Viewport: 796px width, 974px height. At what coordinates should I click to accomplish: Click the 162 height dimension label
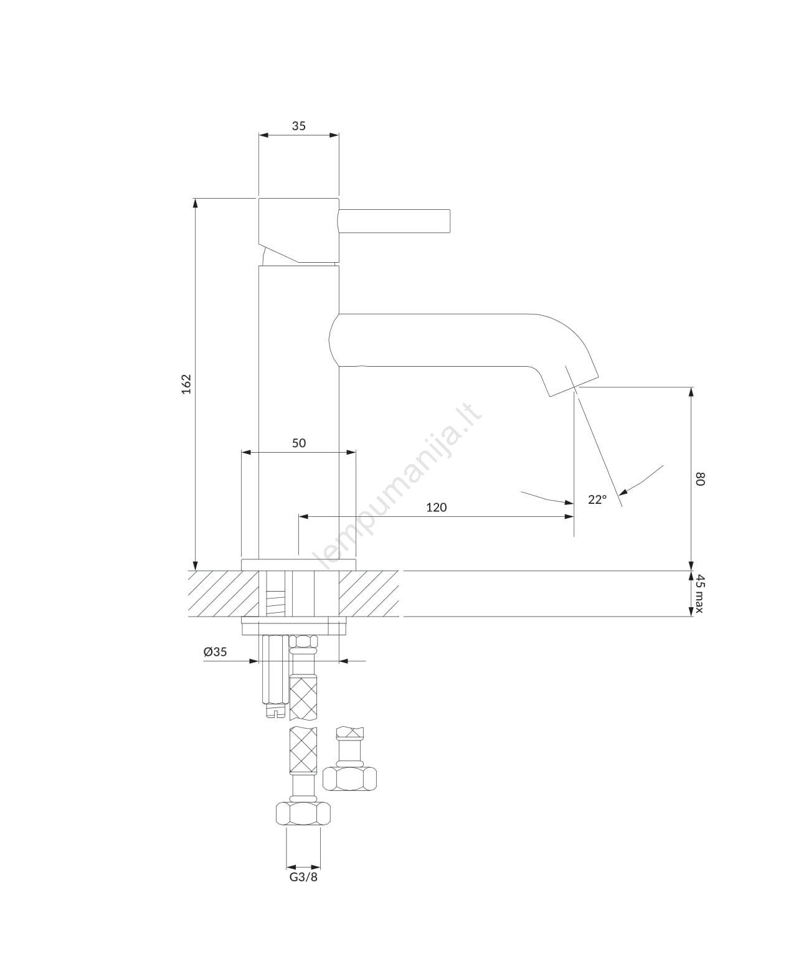(186, 384)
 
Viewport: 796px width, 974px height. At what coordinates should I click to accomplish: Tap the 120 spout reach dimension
(436, 508)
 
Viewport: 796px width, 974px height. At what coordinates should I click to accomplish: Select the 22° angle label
(597, 499)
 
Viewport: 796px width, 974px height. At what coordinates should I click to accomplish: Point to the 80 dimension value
(699, 479)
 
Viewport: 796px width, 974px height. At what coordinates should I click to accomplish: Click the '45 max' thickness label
(699, 593)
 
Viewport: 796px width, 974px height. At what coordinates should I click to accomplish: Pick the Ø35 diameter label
(216, 651)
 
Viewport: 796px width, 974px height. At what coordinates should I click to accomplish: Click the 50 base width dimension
(299, 443)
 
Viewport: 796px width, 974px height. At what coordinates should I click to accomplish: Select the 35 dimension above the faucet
(299, 126)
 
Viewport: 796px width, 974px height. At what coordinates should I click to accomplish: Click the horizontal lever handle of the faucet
(394, 221)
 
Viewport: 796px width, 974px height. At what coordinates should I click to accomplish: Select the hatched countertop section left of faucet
(223, 593)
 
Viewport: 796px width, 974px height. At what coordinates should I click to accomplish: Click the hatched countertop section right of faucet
(369, 593)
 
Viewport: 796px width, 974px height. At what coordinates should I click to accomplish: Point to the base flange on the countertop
(298, 565)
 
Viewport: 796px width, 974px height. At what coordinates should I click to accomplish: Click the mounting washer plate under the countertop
(294, 626)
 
